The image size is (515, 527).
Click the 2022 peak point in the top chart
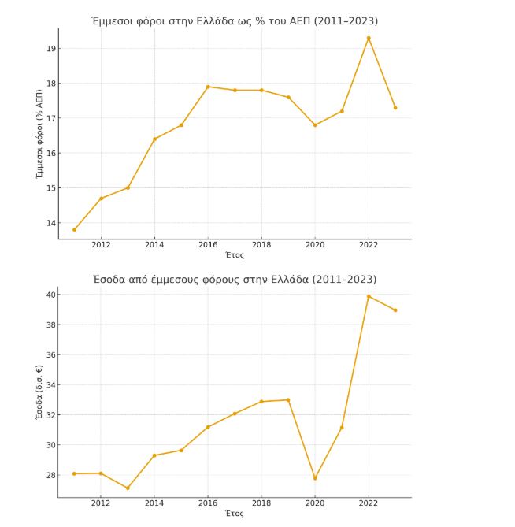[369, 38]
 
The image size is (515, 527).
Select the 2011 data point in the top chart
[74, 230]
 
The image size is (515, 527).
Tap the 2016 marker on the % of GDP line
[208, 87]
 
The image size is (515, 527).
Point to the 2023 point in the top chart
[395, 108]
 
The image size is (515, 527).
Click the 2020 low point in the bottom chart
[315, 478]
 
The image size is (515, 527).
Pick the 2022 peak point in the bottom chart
[369, 296]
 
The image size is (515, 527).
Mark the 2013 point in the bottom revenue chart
[128, 488]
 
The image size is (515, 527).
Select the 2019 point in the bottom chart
[288, 400]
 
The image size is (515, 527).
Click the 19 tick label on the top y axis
[50, 49]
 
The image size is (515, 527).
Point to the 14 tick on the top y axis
[50, 223]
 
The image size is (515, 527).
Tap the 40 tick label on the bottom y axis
[50, 295]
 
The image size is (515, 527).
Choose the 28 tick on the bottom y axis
[50, 475]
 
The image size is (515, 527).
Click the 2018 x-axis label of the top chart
[261, 245]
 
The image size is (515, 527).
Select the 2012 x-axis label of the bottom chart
[101, 503]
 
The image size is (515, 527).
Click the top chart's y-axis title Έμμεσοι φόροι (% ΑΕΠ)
[40, 134]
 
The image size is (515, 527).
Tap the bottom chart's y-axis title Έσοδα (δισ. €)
[40, 392]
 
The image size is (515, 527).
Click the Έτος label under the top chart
[235, 255]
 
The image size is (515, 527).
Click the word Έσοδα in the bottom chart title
[109, 280]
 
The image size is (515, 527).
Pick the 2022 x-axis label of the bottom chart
[369, 503]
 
